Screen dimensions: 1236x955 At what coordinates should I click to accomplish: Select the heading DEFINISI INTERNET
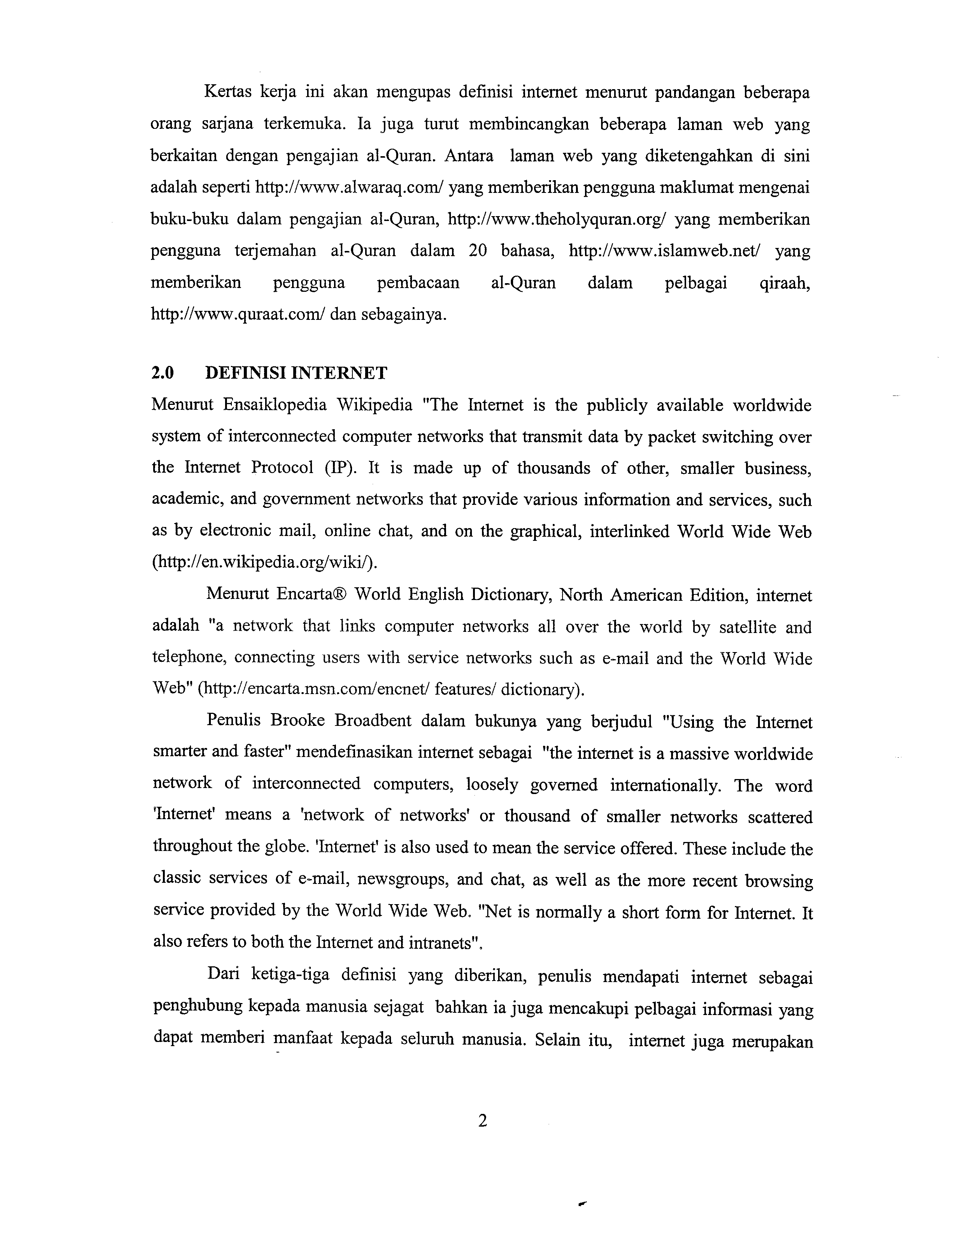click(296, 373)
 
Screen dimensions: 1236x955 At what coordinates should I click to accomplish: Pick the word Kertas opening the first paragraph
click(227, 92)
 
